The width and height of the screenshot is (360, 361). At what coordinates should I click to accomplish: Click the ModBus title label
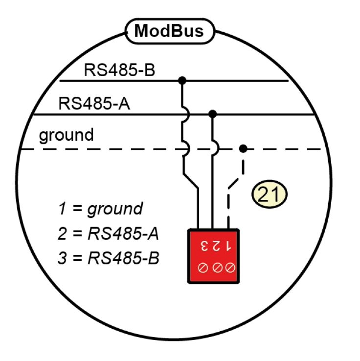169,31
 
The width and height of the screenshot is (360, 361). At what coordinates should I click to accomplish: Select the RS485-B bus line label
119,69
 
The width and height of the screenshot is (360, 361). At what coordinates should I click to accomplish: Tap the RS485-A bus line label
94,104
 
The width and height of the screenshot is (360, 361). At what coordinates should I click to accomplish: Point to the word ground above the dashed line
66,135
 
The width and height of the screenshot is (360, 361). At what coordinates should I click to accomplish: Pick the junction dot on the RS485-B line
182,80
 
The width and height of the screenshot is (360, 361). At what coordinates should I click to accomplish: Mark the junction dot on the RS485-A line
212,114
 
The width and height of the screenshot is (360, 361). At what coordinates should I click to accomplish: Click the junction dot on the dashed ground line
243,149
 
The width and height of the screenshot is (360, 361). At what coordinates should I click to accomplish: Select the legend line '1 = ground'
101,209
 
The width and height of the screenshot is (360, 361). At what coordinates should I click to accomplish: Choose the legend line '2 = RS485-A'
108,234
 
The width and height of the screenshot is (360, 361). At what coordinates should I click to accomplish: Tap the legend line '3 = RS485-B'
108,257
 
